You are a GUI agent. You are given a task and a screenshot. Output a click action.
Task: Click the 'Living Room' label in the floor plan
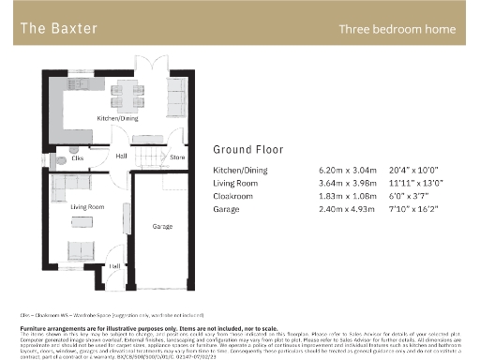[86, 206]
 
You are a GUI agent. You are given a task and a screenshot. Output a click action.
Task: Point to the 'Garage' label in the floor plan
[163, 227]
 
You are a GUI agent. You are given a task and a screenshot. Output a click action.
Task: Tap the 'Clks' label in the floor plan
[77, 158]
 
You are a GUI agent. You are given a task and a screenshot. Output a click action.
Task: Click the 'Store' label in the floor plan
[175, 157]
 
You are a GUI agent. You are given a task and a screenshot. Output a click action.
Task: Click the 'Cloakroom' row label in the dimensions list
[233, 197]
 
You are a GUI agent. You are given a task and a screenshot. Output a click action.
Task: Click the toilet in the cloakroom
[60, 159]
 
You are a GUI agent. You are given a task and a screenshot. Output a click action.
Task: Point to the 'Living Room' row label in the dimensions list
[235, 184]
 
